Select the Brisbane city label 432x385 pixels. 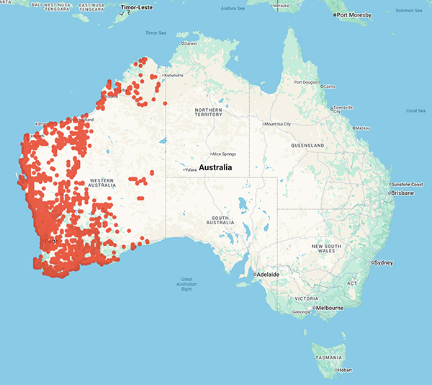coord(402,193)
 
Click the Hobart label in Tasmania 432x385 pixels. coord(344,369)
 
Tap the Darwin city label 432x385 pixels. coord(190,43)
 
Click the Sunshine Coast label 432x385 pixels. coord(409,185)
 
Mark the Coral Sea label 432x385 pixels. coord(415,110)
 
